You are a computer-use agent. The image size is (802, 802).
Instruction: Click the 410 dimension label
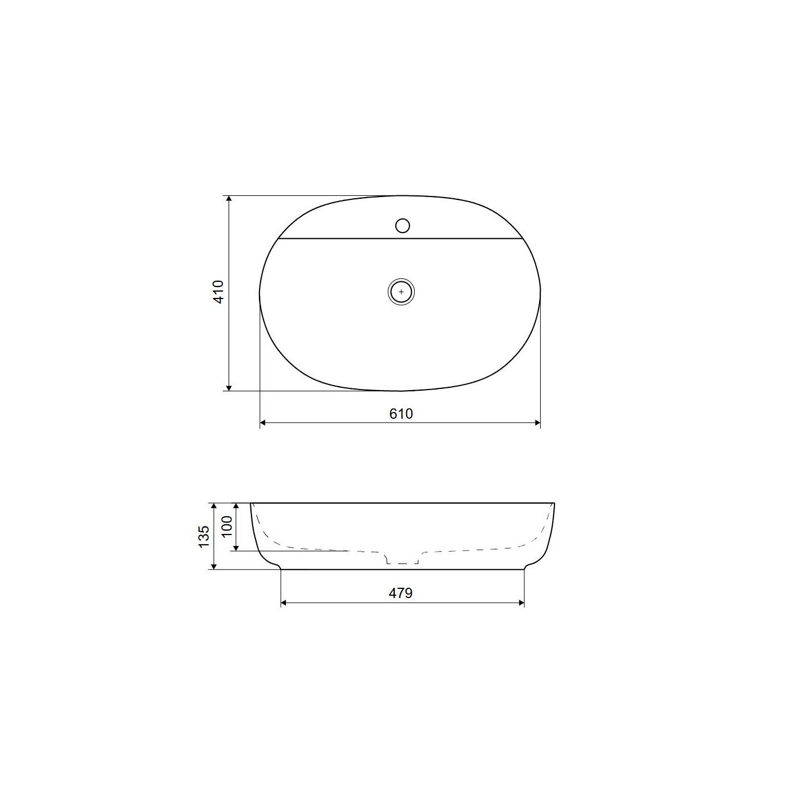[218, 292]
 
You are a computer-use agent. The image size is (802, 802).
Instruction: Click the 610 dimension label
[401, 414]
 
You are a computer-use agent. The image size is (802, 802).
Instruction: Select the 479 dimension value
[401, 593]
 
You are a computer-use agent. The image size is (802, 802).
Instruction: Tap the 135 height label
[204, 536]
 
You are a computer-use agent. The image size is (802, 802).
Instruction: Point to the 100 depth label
[227, 526]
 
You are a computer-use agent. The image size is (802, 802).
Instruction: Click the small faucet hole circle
[403, 226]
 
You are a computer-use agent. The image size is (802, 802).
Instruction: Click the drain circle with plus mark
[401, 292]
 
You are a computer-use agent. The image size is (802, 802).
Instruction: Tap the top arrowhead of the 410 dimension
[229, 199]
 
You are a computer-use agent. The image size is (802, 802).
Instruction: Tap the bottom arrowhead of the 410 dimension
[229, 387]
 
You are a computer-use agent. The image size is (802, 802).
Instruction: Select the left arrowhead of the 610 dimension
[264, 423]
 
